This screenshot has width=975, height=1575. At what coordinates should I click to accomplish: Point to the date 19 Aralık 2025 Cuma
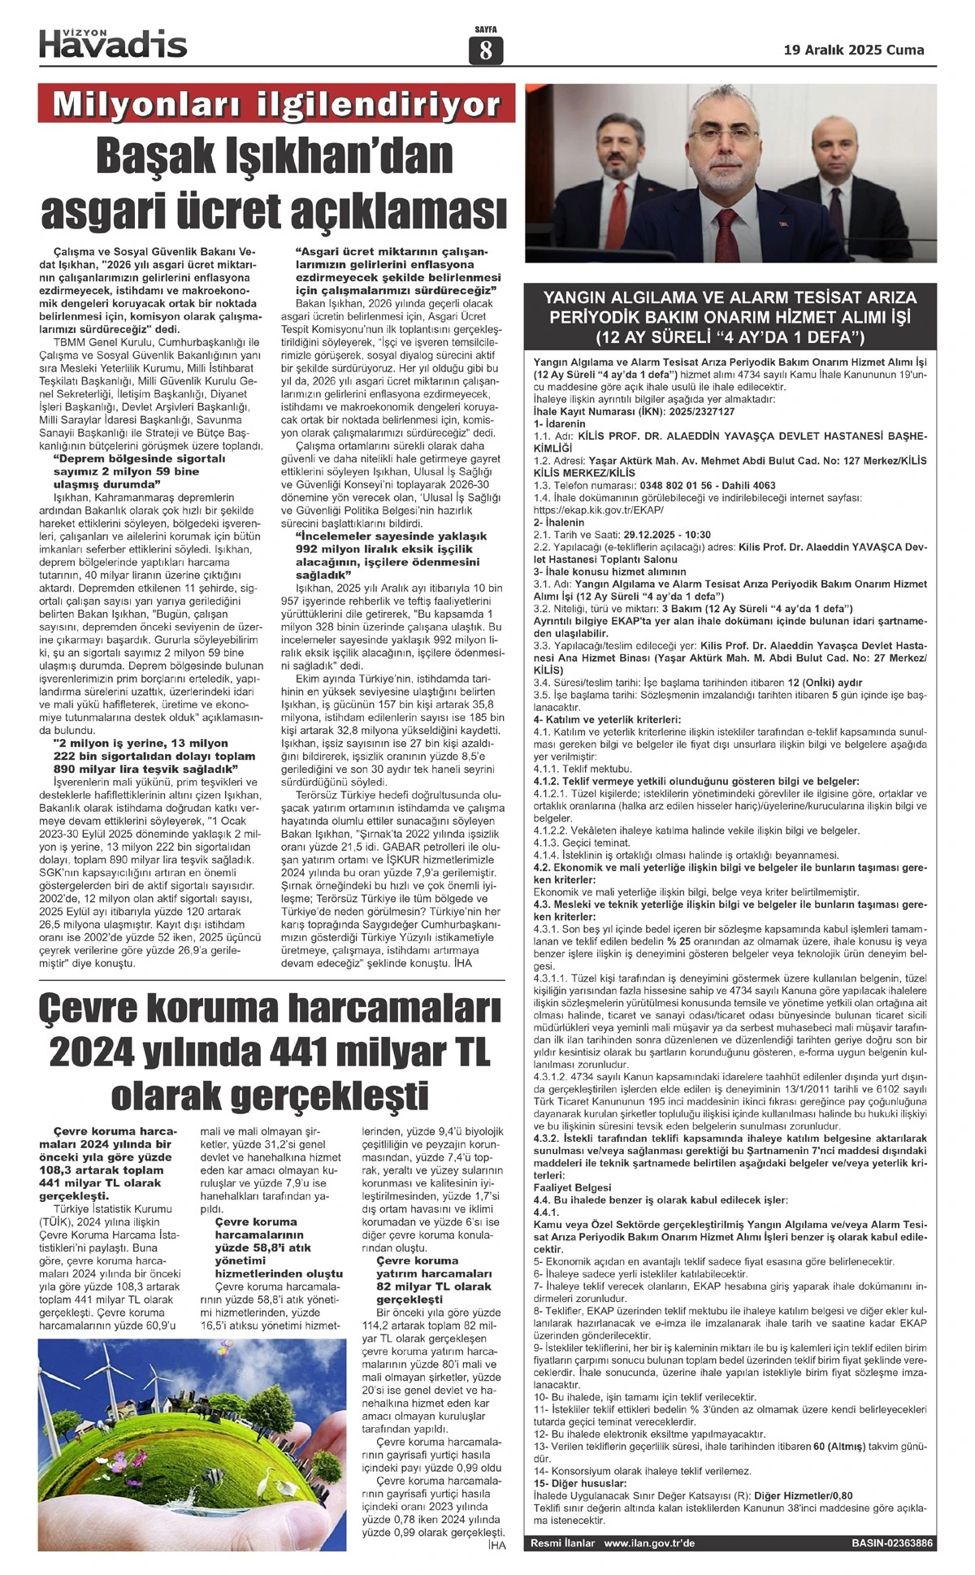[854, 50]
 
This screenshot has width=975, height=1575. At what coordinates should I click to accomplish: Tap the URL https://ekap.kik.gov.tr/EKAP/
[599, 510]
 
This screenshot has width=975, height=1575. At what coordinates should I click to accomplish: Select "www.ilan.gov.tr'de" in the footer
[649, 1542]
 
